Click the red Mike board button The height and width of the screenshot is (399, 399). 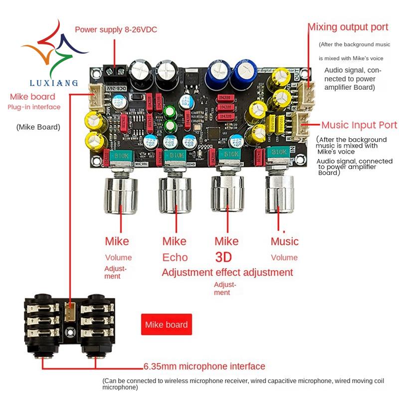click(x=166, y=325)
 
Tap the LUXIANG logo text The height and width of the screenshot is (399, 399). click(x=54, y=83)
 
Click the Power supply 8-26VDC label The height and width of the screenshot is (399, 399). click(x=116, y=29)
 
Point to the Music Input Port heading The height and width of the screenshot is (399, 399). click(x=359, y=125)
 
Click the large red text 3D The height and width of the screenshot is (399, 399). click(x=224, y=257)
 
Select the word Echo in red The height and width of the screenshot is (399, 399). click(x=175, y=257)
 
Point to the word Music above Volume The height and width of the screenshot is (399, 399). click(x=284, y=241)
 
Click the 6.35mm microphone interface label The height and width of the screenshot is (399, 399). click(x=204, y=367)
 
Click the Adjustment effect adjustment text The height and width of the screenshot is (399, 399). click(x=227, y=272)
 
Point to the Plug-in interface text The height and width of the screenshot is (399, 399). click(x=34, y=107)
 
